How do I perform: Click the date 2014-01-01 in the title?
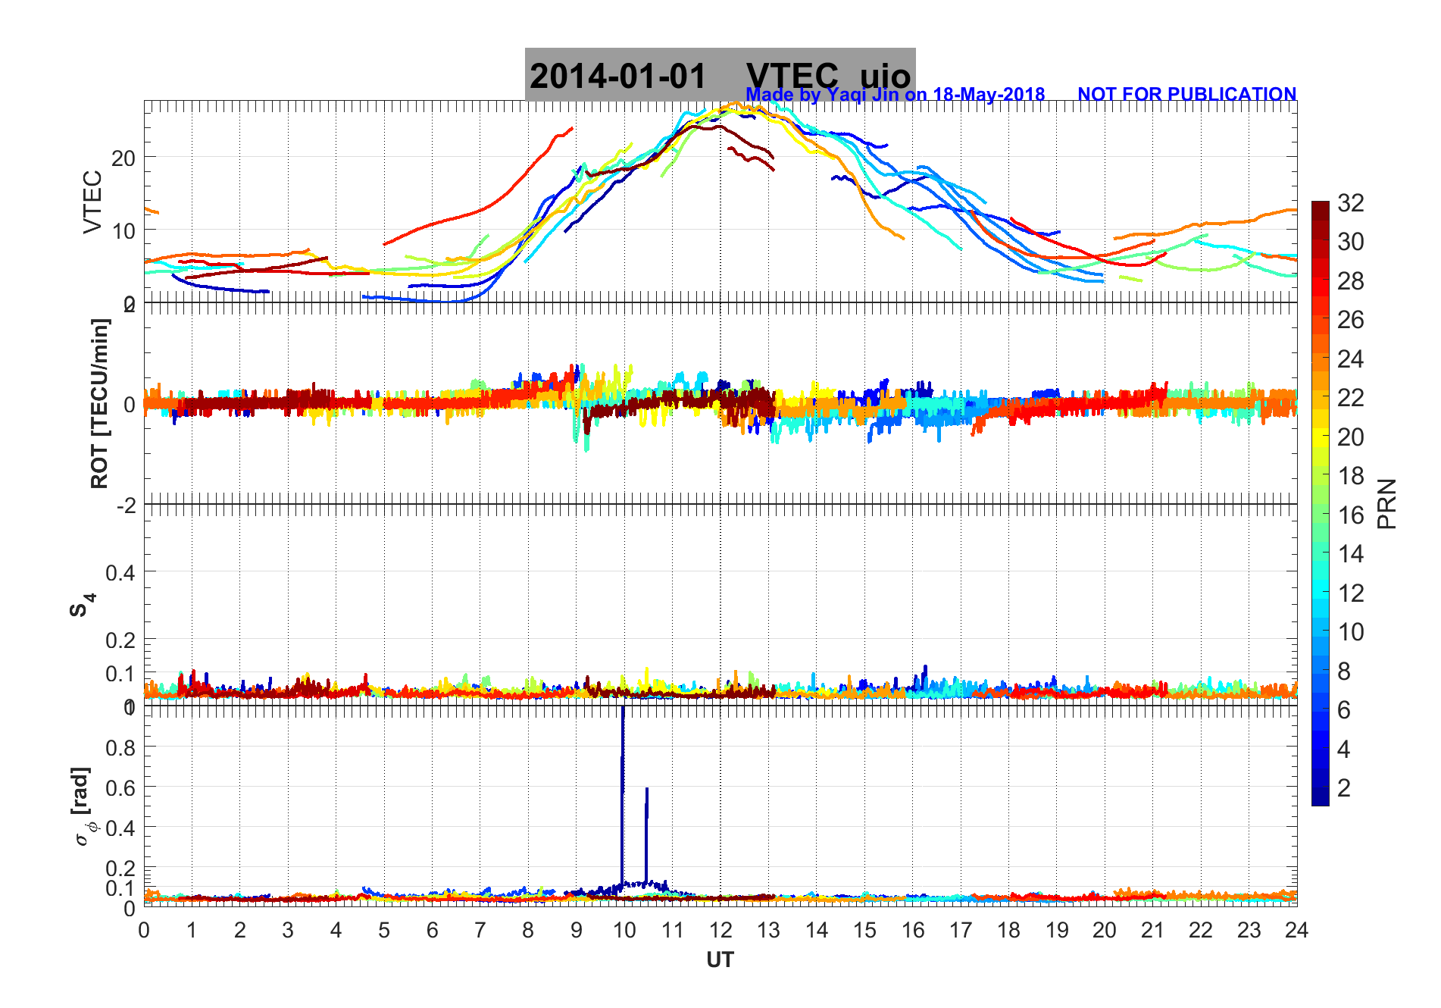click(617, 76)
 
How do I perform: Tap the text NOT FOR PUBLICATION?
click(1186, 94)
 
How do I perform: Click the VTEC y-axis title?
click(92, 202)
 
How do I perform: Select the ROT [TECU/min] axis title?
click(99, 403)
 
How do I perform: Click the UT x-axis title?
click(720, 960)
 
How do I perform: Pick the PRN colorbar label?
click(1386, 504)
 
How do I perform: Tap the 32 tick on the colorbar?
click(1350, 202)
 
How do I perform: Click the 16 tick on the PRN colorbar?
click(1350, 515)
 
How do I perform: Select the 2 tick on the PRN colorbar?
click(1344, 788)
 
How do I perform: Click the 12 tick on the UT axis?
click(720, 930)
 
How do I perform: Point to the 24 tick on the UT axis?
click(1296, 930)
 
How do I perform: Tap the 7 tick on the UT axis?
click(480, 930)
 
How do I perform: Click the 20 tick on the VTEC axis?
click(123, 158)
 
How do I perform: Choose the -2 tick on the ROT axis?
click(126, 505)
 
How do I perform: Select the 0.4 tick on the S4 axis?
click(121, 572)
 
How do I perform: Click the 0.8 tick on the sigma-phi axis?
click(121, 748)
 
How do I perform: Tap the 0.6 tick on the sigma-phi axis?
click(121, 788)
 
